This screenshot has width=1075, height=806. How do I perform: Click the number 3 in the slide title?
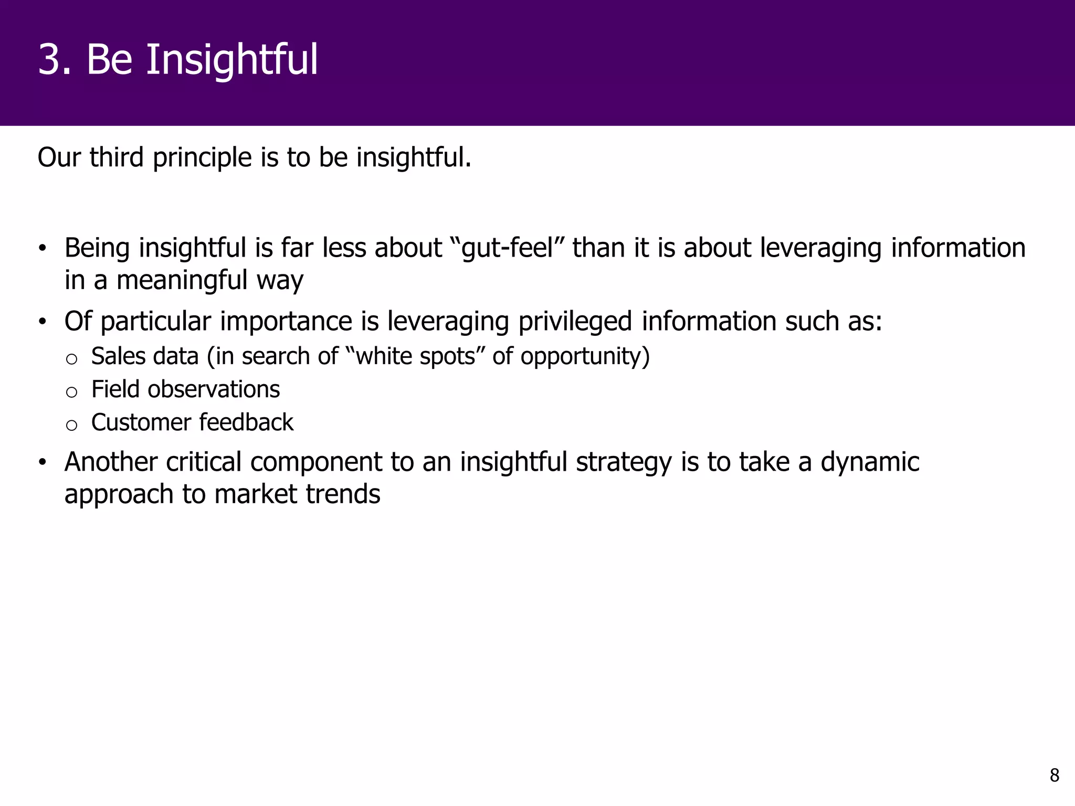tap(54, 60)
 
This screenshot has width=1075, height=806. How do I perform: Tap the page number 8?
tap(1054, 775)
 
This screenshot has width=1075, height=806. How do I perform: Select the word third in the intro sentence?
tap(116, 157)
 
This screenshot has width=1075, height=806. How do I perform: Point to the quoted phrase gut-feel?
tap(507, 249)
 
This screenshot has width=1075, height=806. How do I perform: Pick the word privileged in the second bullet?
tap(575, 322)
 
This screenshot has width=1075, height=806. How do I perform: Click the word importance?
tap(286, 322)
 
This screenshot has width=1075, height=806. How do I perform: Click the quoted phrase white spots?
tap(415, 356)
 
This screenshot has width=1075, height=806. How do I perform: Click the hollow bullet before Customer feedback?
tap(71, 425)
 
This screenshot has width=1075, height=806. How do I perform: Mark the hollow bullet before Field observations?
tap(71, 392)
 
